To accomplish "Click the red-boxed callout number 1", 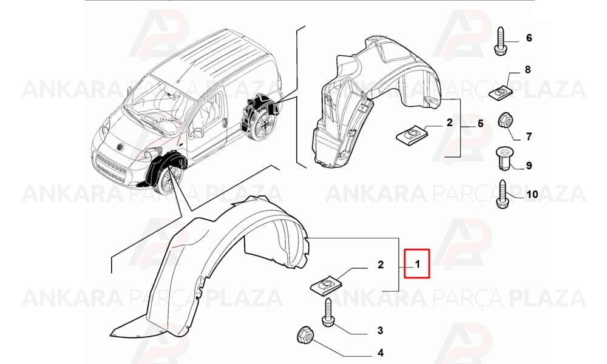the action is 418,265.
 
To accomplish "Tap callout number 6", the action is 529,38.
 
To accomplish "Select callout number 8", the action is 527,70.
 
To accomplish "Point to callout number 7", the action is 529,136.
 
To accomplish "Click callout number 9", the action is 529,166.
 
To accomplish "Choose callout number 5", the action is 480,124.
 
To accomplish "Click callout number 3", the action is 380,331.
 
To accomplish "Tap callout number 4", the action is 381,353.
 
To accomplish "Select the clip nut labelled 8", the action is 500,93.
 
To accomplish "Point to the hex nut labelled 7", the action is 504,121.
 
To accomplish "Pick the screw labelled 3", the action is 327,312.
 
